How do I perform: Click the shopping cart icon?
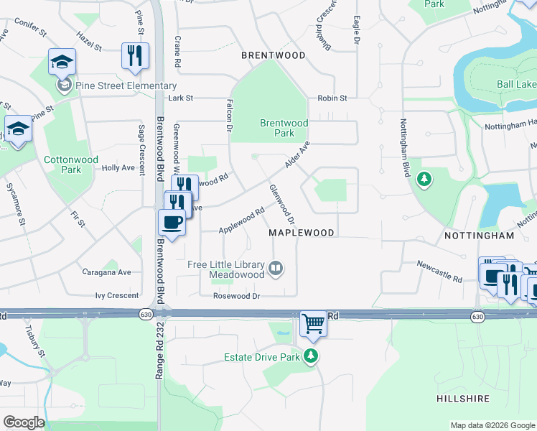click(x=313, y=324)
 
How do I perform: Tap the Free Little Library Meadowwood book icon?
click(x=275, y=269)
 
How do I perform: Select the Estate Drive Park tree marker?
click(x=310, y=356)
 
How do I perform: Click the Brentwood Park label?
click(x=284, y=128)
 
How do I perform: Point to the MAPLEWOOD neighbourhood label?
click(x=302, y=233)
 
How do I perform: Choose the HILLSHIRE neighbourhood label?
click(x=463, y=398)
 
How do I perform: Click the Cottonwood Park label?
click(x=61, y=164)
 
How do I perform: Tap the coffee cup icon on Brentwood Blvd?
click(x=172, y=222)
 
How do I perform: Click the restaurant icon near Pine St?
click(x=135, y=55)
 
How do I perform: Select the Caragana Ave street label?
click(x=115, y=272)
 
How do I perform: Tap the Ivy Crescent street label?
click(x=116, y=296)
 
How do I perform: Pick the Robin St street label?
click(x=333, y=98)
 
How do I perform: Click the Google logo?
click(x=24, y=422)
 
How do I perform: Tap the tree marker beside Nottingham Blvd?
click(x=424, y=178)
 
